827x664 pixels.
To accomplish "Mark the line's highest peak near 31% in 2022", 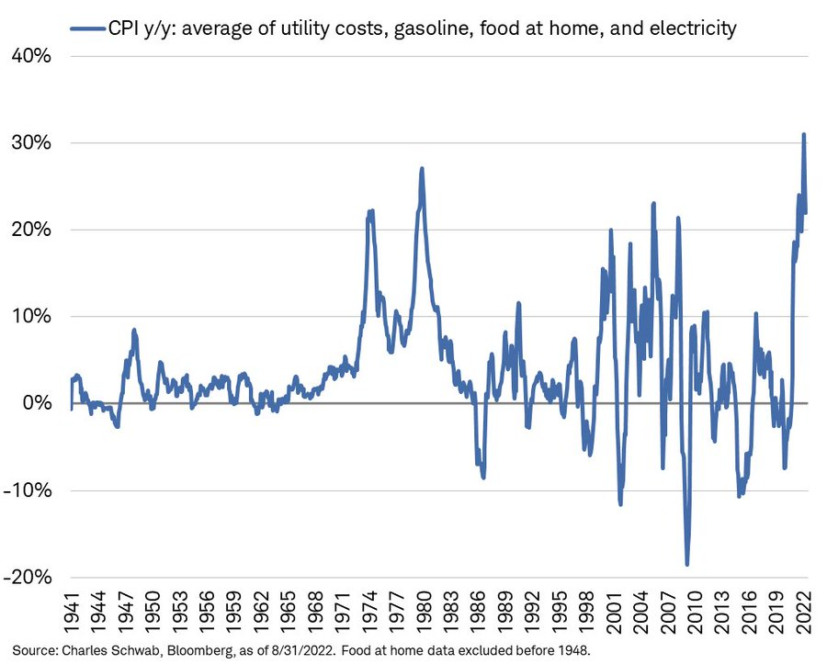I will point(804,135).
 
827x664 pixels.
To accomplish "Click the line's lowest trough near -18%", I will point(686,564).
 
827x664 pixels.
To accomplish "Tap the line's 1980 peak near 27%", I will point(422,169).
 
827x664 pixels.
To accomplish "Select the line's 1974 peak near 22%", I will point(370,211).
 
